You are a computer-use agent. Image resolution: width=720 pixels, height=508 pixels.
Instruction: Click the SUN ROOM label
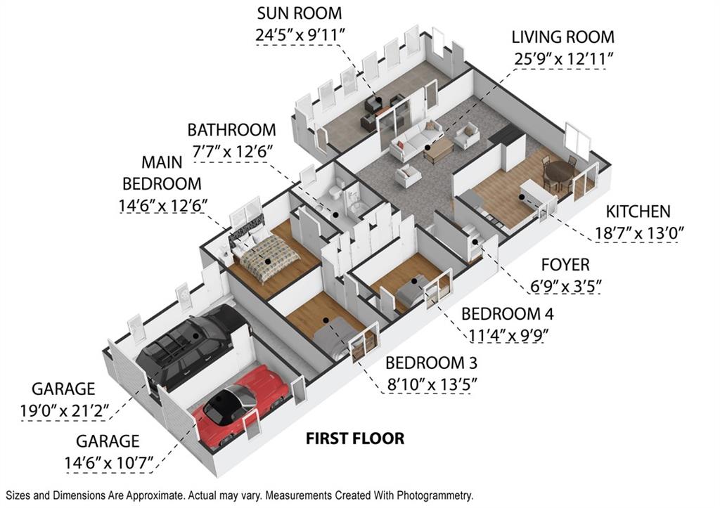300,13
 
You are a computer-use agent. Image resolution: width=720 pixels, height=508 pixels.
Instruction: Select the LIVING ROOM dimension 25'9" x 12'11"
563,59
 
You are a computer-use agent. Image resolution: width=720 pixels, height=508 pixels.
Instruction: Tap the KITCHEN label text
638,211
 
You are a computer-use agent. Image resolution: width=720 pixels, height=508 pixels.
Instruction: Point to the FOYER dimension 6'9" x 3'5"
566,287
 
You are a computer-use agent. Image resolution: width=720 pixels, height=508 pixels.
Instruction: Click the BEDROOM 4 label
508,314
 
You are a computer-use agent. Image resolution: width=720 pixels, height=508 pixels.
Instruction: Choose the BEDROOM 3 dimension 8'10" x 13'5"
432,384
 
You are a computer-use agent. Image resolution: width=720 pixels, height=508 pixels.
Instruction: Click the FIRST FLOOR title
355,438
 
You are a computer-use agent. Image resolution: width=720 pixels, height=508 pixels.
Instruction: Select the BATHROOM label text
231,130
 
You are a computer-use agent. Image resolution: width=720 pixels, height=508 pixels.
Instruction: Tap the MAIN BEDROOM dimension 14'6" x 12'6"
163,205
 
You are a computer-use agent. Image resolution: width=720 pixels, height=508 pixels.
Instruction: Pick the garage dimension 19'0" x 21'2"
64,410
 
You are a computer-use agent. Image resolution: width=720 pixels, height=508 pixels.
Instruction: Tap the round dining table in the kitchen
559,171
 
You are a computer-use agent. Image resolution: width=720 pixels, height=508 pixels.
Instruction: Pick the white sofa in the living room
416,139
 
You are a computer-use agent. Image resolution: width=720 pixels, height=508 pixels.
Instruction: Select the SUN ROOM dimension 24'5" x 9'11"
300,35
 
